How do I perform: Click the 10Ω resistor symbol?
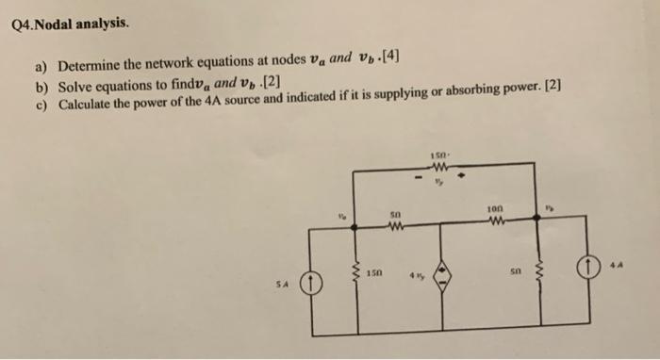(494, 223)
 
